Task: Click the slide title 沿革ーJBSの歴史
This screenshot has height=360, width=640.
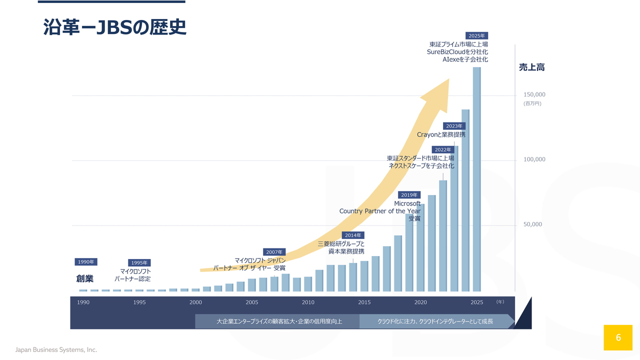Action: [114, 27]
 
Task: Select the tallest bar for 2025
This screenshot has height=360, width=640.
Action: [476, 179]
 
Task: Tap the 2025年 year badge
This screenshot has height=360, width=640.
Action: [476, 35]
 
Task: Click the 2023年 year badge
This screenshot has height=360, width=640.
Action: [454, 126]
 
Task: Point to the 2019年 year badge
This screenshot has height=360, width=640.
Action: [409, 195]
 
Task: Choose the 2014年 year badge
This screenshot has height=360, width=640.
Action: [353, 235]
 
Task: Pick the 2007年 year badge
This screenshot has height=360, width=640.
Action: [274, 252]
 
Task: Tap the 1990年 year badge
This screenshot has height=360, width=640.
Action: [86, 261]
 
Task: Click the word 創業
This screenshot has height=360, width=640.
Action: [85, 278]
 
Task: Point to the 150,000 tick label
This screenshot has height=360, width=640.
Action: [534, 94]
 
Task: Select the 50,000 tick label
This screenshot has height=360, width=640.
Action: [532, 224]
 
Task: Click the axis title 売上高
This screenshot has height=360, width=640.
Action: [531, 67]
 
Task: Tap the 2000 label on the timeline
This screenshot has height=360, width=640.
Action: [195, 302]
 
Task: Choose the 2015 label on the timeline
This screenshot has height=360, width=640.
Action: [364, 302]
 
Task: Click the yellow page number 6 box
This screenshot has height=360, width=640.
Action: [618, 337]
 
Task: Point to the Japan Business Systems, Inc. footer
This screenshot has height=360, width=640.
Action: [56, 349]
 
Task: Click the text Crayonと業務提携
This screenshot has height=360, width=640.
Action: [441, 134]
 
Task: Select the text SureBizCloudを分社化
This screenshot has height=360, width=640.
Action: [457, 51]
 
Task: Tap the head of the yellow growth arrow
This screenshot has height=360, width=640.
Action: [449, 79]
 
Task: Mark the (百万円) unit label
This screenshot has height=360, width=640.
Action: [532, 103]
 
